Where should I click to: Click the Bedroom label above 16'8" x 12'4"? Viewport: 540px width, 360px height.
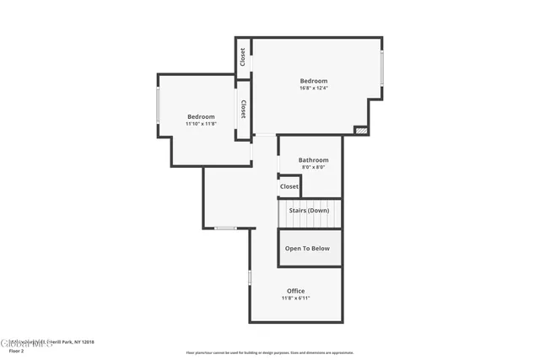click(312, 81)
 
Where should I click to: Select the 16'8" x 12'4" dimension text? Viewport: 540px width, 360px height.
click(312, 89)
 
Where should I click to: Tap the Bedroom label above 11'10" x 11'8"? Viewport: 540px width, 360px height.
click(201, 116)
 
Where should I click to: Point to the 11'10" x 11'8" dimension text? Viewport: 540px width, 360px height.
click(201, 124)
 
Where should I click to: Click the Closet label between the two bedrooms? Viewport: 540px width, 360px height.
click(243, 109)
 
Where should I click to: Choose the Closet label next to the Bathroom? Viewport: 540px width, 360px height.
click(289, 186)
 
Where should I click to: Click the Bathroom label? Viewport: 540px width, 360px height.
click(313, 159)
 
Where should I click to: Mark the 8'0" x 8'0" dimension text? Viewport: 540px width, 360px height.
click(313, 167)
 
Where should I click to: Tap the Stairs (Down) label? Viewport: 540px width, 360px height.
click(309, 210)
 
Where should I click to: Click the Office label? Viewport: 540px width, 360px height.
click(295, 291)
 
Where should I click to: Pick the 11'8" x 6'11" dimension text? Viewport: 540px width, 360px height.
click(295, 298)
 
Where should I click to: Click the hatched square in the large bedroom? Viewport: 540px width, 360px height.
click(361, 131)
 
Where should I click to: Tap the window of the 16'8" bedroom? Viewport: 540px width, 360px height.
click(381, 67)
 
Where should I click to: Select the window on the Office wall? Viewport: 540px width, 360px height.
click(250, 277)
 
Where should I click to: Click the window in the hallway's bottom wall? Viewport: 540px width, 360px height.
click(225, 228)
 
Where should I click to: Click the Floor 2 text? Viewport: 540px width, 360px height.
click(16, 351)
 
